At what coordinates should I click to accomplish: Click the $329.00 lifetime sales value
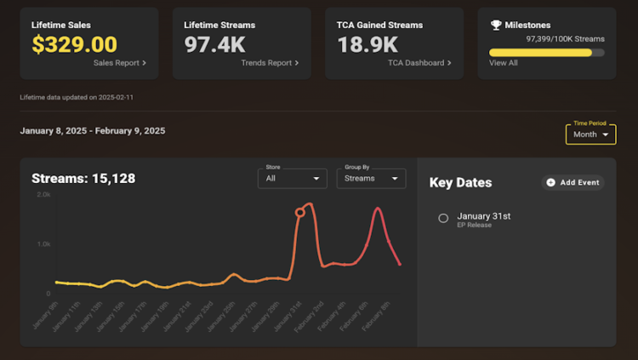pyautogui.click(x=74, y=45)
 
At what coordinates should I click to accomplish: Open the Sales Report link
pyautogui.click(x=120, y=63)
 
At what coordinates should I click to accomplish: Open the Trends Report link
pyautogui.click(x=270, y=63)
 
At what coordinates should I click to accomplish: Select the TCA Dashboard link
pyautogui.click(x=419, y=63)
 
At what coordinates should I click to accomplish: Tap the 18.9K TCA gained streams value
pyautogui.click(x=367, y=45)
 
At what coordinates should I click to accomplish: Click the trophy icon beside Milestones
pyautogui.click(x=496, y=26)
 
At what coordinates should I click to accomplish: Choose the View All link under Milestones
pyautogui.click(x=504, y=63)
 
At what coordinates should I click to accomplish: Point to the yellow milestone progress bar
pyautogui.click(x=541, y=52)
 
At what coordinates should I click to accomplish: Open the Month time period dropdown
pyautogui.click(x=590, y=134)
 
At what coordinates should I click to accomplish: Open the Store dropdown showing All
pyautogui.click(x=293, y=179)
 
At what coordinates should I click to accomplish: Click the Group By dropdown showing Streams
pyautogui.click(x=371, y=179)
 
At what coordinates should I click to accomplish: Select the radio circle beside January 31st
pyautogui.click(x=443, y=219)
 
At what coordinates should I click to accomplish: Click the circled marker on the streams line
pyautogui.click(x=299, y=213)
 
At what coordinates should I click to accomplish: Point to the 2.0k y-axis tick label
pyautogui.click(x=43, y=195)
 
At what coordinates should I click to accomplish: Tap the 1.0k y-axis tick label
pyautogui.click(x=43, y=244)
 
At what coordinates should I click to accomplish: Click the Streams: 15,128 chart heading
pyautogui.click(x=83, y=179)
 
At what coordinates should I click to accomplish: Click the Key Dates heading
pyautogui.click(x=460, y=183)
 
